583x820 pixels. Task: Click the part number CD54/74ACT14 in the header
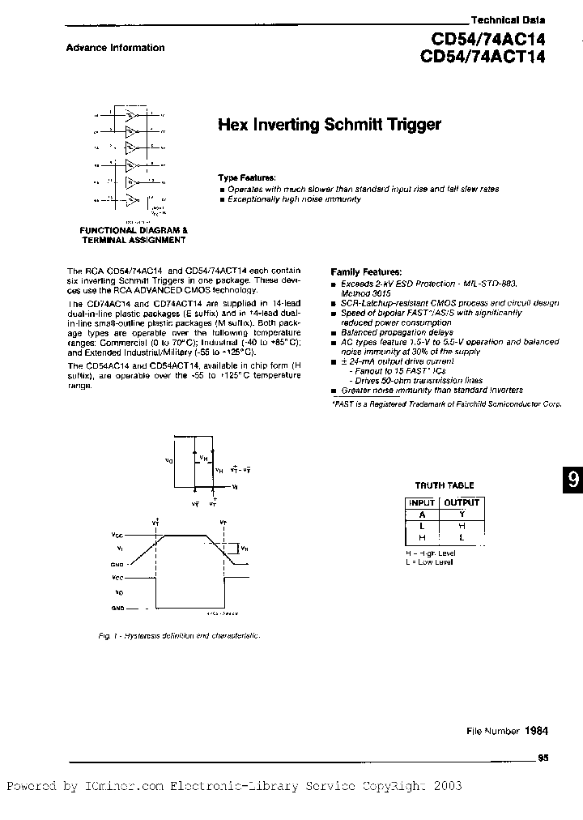483,57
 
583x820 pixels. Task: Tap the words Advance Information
115,48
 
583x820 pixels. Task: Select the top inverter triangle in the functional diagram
130,116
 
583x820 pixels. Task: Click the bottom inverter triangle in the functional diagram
130,199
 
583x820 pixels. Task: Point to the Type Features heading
246,177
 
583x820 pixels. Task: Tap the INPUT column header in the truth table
421,502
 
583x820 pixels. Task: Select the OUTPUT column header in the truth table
462,502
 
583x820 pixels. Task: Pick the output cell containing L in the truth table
462,537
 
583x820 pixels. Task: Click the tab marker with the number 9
572,479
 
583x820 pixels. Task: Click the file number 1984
536,730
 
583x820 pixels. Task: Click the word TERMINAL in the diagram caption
107,240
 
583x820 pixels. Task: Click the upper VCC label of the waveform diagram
118,536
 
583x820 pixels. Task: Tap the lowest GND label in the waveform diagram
118,607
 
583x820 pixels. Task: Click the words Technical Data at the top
509,19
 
